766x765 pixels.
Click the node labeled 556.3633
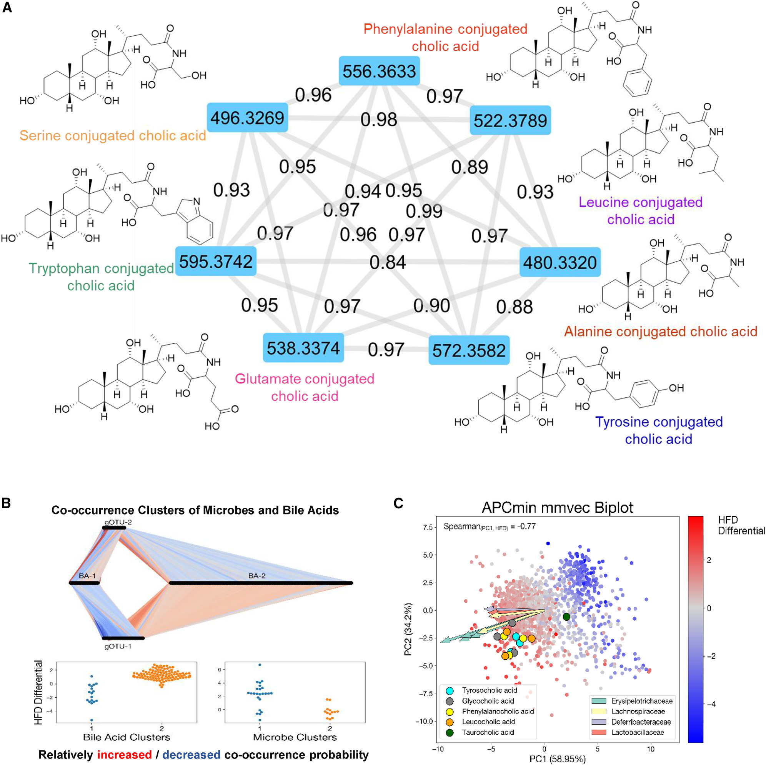pos(379,71)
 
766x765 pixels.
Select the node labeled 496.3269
pos(247,118)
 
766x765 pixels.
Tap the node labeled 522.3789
pos(510,120)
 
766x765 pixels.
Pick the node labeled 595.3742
pos(216,261)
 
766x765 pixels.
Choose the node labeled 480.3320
pos(560,262)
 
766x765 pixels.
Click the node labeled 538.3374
pos(303,348)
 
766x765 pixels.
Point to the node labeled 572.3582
pos(469,350)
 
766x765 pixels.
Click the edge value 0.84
pos(387,262)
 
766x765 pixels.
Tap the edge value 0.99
pos(424,211)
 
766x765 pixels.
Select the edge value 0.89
pos(470,167)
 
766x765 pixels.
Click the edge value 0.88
pos(514,307)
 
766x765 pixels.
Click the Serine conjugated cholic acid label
pos(113,136)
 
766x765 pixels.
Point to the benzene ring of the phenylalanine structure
pos(637,83)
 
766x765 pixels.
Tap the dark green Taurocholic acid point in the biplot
pos(566,617)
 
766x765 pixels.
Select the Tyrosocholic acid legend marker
pos(450,690)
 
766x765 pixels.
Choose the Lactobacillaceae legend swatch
pos(598,732)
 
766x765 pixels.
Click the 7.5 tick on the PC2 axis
pos(428,527)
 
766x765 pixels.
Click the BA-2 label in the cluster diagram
pos(257,575)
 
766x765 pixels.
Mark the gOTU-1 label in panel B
pos(118,647)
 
